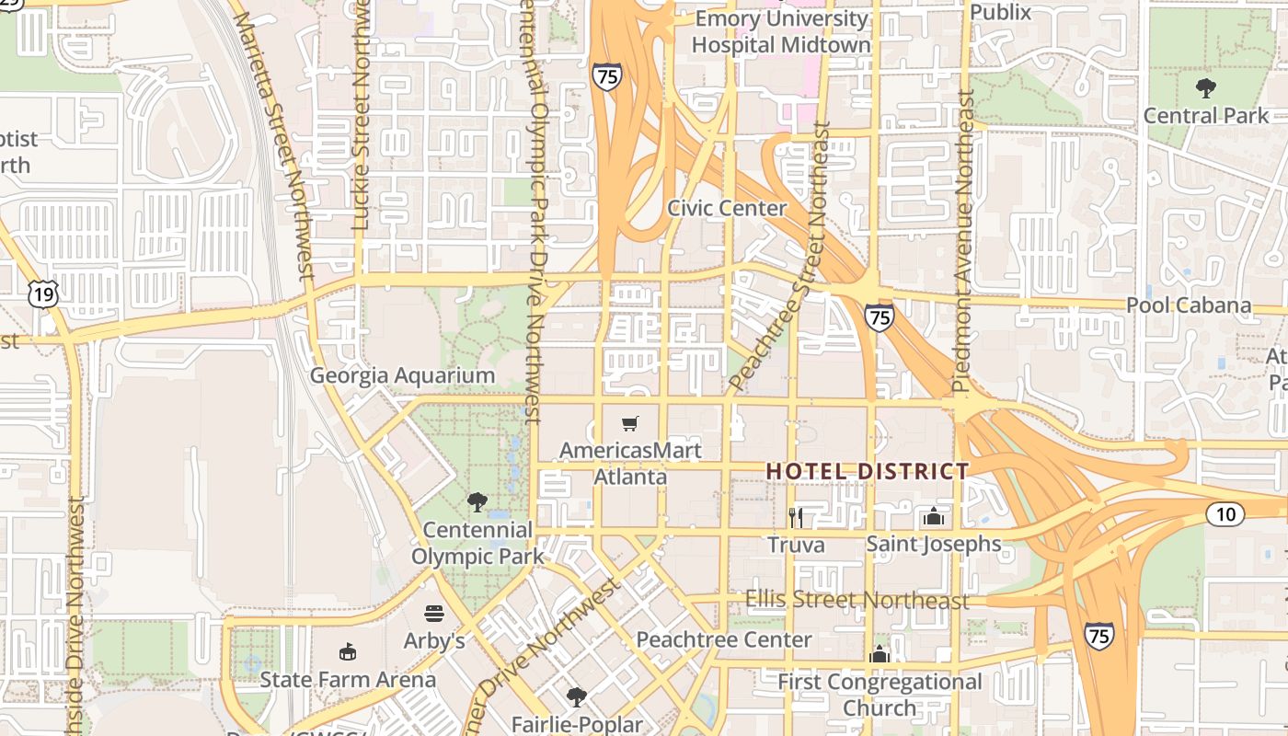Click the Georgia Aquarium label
tap(402, 375)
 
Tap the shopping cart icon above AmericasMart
tap(630, 424)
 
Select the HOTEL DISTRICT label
tap(868, 472)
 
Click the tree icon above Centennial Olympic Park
tap(477, 502)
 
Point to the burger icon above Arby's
tap(434, 614)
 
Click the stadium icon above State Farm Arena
tap(348, 652)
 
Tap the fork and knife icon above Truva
tap(796, 518)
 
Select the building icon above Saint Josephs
tap(934, 517)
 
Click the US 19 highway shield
tap(43, 294)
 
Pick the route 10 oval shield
tap(1225, 514)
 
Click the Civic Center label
tap(727, 208)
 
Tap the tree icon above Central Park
tap(1205, 88)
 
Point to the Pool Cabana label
tap(1189, 305)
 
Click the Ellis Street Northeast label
tap(857, 600)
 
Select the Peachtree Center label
tap(724, 639)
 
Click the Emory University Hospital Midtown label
tap(781, 31)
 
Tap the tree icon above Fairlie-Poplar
tap(576, 696)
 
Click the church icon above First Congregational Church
tap(880, 655)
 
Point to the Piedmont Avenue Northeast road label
tap(963, 241)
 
